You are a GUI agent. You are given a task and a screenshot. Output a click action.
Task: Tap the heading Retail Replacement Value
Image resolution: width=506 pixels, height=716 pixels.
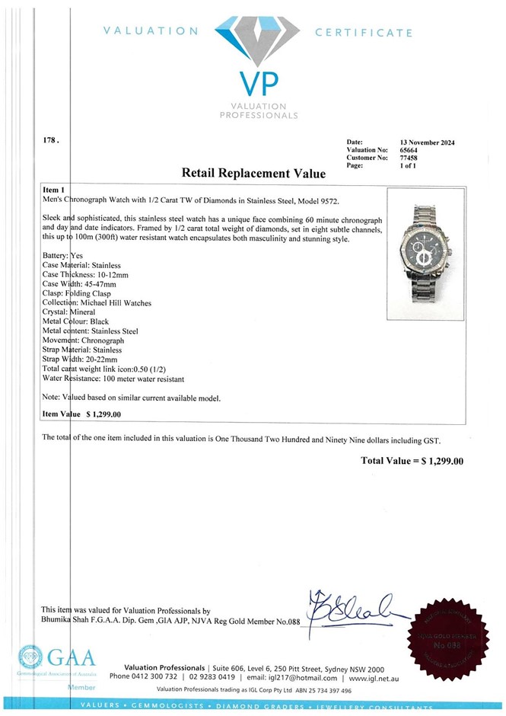tap(253, 173)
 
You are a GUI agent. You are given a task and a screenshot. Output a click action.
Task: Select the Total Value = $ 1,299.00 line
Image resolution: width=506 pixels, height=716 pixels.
tap(412, 460)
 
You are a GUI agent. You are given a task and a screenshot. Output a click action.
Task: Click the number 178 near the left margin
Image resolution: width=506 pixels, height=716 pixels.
tap(48, 142)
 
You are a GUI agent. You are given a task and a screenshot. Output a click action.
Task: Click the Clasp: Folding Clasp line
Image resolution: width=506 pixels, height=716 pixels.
tap(79, 293)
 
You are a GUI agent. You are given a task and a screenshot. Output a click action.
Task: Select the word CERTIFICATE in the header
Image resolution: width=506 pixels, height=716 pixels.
tap(363, 33)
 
